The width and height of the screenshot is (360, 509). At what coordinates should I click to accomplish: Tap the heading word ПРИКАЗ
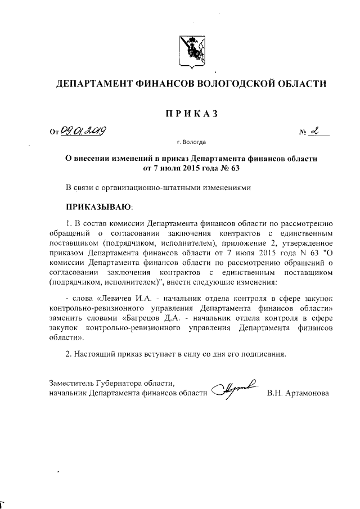click(x=191, y=114)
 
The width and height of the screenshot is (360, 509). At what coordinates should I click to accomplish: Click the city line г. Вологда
click(x=191, y=143)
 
